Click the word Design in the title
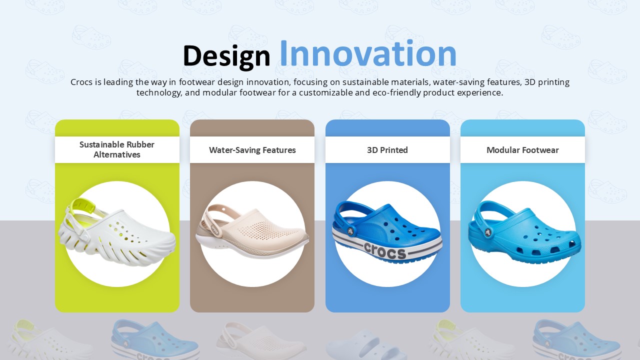pyautogui.click(x=226, y=55)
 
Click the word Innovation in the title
pyautogui.click(x=367, y=54)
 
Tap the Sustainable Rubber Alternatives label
pyautogui.click(x=117, y=149)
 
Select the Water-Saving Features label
pyautogui.click(x=252, y=150)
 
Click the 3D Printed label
pyautogui.click(x=387, y=150)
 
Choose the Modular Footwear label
pyautogui.click(x=522, y=150)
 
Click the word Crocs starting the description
pyautogui.click(x=81, y=82)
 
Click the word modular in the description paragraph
pyautogui.click(x=219, y=92)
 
